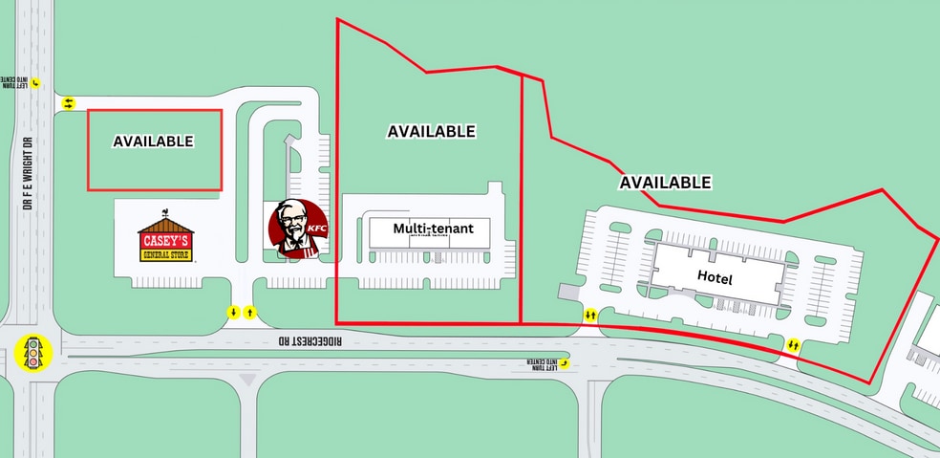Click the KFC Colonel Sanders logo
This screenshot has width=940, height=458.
point(293,229)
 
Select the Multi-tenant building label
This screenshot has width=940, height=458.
point(433,229)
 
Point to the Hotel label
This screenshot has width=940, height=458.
point(715,278)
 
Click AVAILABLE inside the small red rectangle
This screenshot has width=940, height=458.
point(153,142)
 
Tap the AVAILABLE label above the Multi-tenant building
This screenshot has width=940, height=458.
point(431,132)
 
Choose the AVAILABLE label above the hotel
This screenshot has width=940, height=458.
point(665,182)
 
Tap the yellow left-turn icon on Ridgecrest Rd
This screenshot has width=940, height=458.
point(564,361)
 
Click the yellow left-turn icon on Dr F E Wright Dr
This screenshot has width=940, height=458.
point(36,83)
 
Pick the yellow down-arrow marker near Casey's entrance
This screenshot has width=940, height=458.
point(232,313)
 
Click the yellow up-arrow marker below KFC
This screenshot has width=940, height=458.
point(250,313)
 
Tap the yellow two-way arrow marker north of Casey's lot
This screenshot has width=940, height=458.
point(68,103)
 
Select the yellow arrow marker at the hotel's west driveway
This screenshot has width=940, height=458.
point(590,314)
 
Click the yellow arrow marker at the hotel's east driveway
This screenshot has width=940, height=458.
point(793,344)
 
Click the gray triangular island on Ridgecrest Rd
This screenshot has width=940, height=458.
point(248,381)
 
